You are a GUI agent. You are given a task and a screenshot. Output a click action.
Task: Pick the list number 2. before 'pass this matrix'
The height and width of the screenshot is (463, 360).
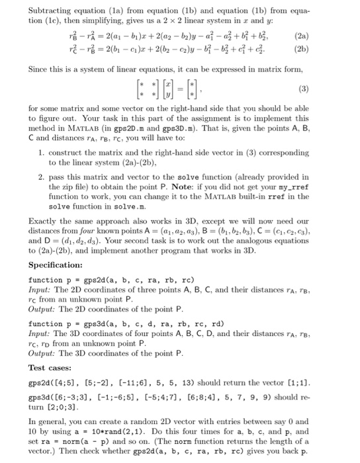(41, 178)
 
